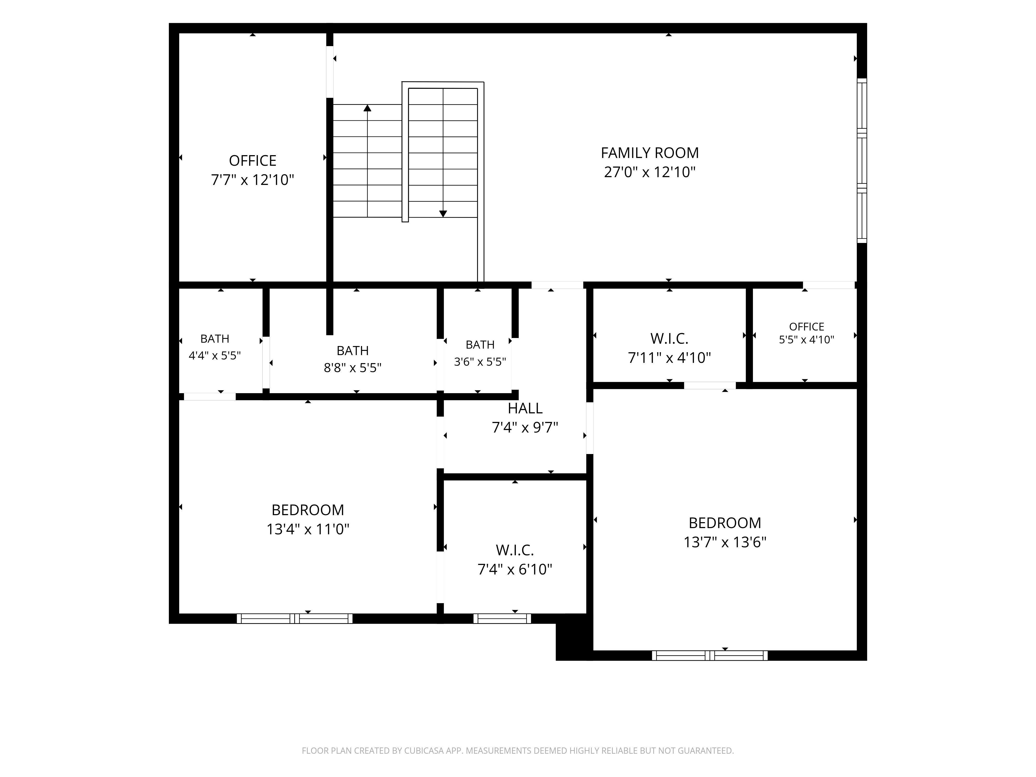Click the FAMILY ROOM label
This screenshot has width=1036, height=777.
click(x=650, y=153)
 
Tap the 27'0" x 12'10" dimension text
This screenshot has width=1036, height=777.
click(x=650, y=172)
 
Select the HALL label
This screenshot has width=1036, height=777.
click(x=525, y=408)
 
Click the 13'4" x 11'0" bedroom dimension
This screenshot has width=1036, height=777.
click(x=308, y=529)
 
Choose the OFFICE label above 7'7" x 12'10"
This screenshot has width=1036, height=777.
click(x=253, y=161)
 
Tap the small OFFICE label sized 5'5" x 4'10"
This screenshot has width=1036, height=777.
click(x=807, y=326)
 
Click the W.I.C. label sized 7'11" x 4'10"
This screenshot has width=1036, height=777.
click(x=669, y=338)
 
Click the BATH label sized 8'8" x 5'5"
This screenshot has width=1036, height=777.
click(x=353, y=350)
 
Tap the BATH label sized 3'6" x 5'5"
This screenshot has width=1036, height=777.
click(x=480, y=345)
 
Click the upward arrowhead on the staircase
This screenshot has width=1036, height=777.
click(x=367, y=108)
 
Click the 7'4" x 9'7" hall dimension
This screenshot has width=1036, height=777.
click(x=525, y=428)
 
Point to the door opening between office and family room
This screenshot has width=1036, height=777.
click(x=330, y=72)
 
